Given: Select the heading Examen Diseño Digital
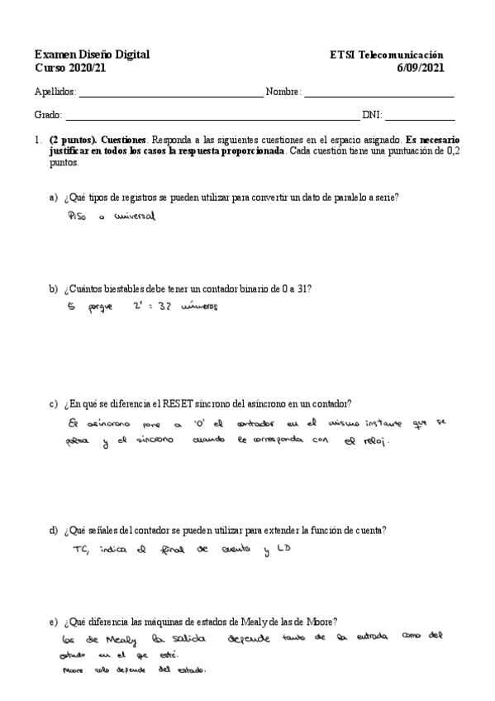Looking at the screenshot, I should coord(92,55).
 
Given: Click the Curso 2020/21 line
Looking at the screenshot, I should coord(70,68).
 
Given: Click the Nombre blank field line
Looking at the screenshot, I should coord(379,96).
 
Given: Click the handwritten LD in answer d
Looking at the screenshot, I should coord(283,549).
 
